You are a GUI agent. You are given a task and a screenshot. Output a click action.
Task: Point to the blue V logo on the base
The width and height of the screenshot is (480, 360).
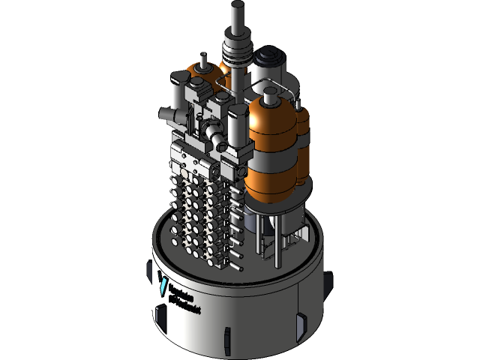tap(163, 284)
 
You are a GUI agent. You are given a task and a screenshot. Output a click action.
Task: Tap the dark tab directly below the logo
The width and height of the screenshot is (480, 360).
tap(160, 315)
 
